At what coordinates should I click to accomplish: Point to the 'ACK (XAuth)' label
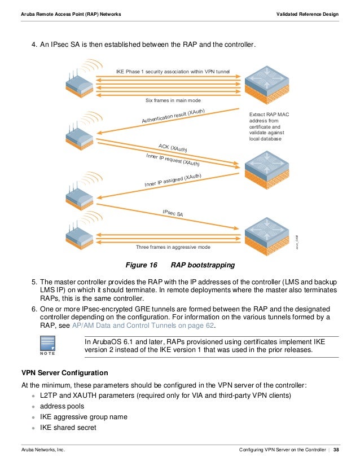173,149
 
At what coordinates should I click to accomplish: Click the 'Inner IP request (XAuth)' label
173,160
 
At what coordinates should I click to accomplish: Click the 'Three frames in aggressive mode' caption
173,247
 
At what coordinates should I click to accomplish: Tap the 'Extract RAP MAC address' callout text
269,126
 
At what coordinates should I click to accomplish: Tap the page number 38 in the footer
336,450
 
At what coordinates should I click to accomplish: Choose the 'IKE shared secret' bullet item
68,427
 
